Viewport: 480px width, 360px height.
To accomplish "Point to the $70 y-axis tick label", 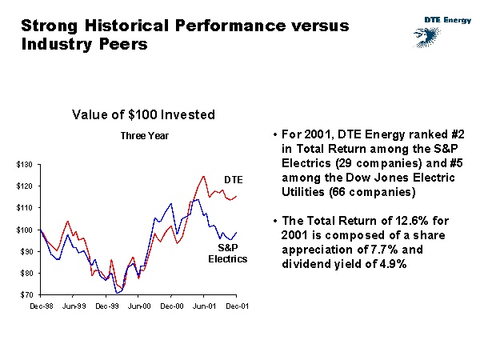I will (26, 295).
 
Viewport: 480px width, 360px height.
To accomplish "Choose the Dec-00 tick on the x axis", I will (171, 306).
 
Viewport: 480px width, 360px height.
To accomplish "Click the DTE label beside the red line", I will (233, 178).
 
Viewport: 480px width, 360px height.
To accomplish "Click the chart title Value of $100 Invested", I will (143, 115).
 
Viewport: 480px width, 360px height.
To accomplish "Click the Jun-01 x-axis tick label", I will (204, 306).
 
